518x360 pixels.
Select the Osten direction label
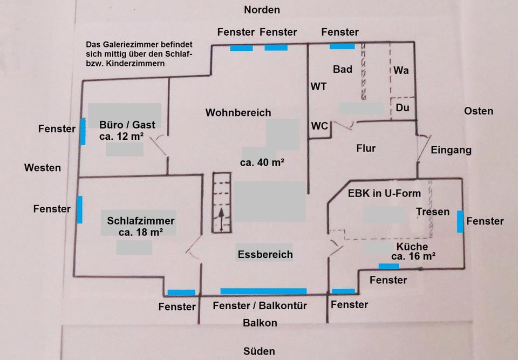[478, 111]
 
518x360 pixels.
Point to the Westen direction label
[42, 168]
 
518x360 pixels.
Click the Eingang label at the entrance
[451, 151]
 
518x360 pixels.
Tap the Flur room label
[366, 148]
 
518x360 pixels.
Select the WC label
[319, 126]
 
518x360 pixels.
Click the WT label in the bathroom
[318, 86]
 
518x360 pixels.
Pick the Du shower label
[402, 108]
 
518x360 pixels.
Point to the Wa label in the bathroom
[400, 70]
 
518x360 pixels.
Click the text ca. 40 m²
[262, 162]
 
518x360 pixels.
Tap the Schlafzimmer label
[140, 221]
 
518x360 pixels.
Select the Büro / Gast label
[127, 125]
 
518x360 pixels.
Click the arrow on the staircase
[221, 220]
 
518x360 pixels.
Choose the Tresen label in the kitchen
[433, 212]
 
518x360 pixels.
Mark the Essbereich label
[265, 254]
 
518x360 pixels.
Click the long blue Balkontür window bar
[263, 291]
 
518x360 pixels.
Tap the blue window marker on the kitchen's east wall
[460, 221]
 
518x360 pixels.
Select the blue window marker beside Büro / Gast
[83, 131]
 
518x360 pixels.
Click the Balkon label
[260, 323]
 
